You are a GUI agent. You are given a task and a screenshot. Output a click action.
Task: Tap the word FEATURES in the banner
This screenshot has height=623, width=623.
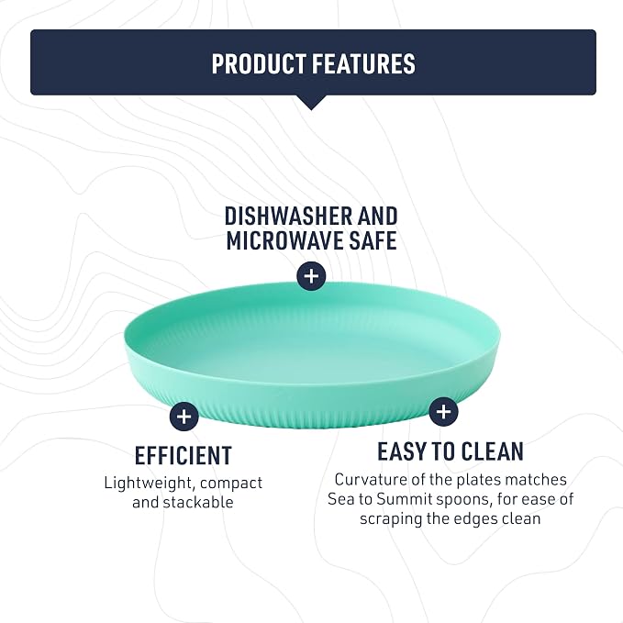363,63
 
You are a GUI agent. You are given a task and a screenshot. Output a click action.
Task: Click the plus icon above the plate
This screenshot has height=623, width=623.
312,276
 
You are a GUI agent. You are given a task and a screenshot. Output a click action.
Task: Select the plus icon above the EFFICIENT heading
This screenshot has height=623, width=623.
184,417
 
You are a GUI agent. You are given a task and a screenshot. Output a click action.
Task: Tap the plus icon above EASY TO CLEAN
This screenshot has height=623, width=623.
443,411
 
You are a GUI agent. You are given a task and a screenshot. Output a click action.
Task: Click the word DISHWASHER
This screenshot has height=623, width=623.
288,217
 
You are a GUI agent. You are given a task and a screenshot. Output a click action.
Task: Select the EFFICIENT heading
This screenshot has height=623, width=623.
184,455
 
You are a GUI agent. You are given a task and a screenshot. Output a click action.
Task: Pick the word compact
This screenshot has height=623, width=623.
231,484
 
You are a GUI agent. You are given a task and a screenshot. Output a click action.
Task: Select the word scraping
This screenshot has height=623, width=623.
391,519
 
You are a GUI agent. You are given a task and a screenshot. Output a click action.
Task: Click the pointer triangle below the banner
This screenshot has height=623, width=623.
312,102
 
